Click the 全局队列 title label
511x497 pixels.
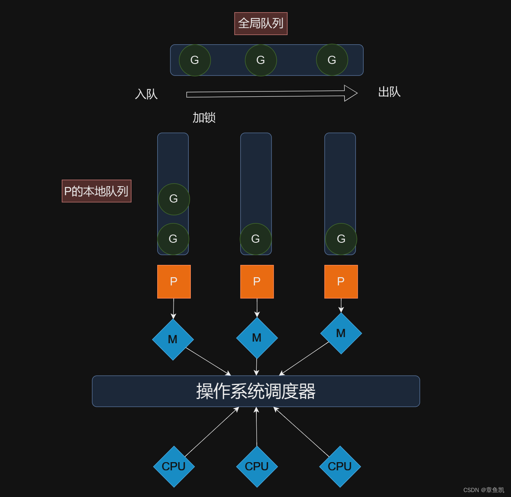pos(261,23)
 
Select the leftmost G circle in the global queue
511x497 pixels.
pos(195,60)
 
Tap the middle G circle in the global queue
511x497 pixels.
pos(261,60)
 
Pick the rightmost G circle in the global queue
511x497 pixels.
pos(332,60)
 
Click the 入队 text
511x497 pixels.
pos(146,94)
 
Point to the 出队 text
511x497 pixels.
pos(389,92)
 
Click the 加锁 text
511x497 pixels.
pos(204,118)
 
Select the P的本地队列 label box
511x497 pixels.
pos(97,191)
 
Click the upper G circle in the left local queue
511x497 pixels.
pos(174,199)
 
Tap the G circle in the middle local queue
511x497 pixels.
pos(255,239)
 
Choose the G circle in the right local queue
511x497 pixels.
pos(341,239)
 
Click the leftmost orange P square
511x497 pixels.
pos(174,281)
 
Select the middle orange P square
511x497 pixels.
pos(257,281)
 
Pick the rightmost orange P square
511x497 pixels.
pos(341,281)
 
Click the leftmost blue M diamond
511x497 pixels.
pos(173,340)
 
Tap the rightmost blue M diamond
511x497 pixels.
pos(341,333)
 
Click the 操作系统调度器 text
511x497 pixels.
pos(255,391)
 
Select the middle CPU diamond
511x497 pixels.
pos(257,467)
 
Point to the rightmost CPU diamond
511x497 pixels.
pos(340,467)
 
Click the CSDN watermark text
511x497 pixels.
pos(484,490)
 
